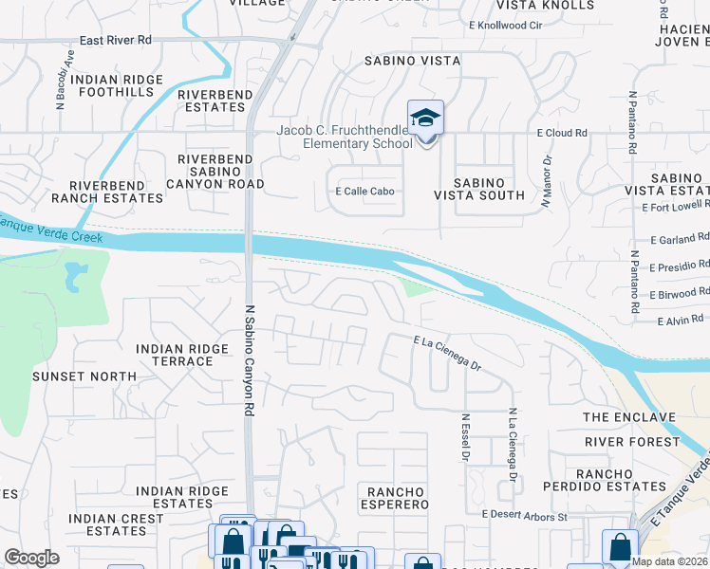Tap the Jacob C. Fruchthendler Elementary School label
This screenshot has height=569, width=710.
[x=344, y=137]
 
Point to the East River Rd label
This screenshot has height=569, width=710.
[x=116, y=41]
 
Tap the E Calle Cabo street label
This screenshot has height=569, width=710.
[x=364, y=191]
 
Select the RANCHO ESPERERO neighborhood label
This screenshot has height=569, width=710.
[x=394, y=497]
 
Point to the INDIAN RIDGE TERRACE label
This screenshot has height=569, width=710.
[x=182, y=355]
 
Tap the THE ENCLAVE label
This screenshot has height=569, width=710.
[x=628, y=417]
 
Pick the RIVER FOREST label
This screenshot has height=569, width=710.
[x=630, y=442]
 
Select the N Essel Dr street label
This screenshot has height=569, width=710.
[x=465, y=436]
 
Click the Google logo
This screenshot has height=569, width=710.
[x=31, y=558]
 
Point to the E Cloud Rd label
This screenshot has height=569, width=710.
[x=562, y=134]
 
